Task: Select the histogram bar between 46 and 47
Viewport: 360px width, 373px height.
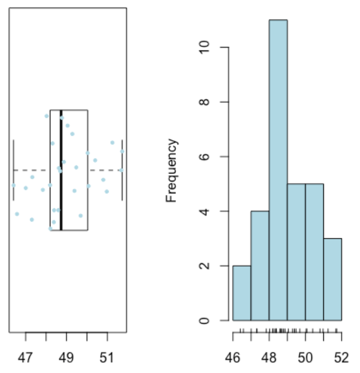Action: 242,293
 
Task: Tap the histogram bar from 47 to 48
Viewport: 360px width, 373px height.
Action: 260,266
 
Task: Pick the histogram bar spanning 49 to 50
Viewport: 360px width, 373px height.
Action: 296,252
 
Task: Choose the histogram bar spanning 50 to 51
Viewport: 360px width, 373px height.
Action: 314,252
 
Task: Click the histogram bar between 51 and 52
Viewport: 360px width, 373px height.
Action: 332,280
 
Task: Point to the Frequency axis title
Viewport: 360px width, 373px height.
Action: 171,170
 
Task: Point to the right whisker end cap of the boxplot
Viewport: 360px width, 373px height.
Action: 122,170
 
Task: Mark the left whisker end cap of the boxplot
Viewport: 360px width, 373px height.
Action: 13,170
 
